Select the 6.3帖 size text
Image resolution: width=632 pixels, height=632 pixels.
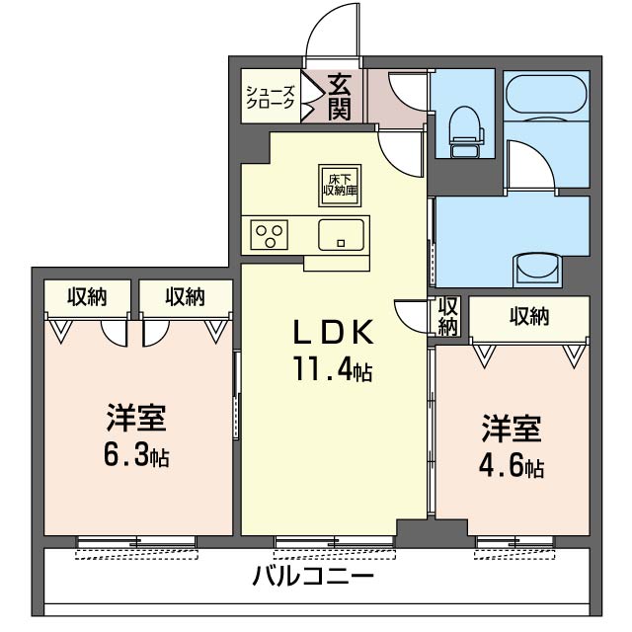click(137, 457)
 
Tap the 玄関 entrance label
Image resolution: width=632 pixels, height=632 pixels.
click(340, 97)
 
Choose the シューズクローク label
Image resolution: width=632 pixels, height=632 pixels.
click(270, 97)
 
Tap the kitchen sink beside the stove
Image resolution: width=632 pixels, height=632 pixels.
click(341, 236)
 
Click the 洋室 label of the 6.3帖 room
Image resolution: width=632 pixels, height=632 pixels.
click(136, 419)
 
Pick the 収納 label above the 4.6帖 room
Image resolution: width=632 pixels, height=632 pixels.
click(528, 316)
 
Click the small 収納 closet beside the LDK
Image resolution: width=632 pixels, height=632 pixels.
click(449, 315)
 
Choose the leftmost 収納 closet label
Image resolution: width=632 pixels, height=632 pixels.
click(87, 295)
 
